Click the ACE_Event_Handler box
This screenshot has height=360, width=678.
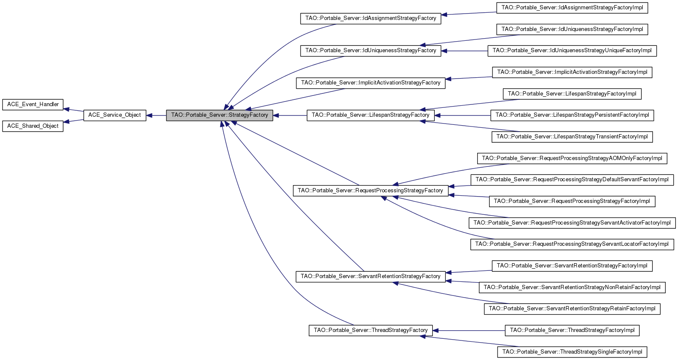click(x=33, y=104)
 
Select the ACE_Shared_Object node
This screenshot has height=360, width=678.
click(x=33, y=126)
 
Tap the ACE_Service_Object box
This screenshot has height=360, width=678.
click(x=115, y=115)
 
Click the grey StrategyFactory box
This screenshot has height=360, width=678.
click(x=219, y=115)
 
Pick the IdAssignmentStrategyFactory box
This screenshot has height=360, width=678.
click(x=371, y=18)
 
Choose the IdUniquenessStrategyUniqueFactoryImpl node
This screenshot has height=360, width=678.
click(x=572, y=51)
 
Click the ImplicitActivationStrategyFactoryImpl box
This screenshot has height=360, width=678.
click(x=572, y=72)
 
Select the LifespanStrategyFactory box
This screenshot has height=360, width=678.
click(x=371, y=115)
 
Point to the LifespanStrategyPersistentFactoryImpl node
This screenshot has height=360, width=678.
click(x=572, y=115)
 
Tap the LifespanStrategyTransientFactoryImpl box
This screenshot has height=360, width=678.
click(x=572, y=137)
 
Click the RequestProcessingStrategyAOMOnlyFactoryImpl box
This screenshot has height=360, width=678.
click(x=572, y=158)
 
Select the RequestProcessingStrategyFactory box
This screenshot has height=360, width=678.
click(x=370, y=191)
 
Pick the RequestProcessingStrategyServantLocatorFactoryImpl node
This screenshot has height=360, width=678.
click(x=572, y=244)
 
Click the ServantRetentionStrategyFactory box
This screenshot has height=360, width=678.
click(x=371, y=276)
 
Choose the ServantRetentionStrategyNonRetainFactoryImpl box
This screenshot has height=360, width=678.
click(x=572, y=287)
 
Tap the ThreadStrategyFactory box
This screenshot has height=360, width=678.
click(x=371, y=330)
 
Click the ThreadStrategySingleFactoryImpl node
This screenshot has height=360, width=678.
click(x=572, y=352)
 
